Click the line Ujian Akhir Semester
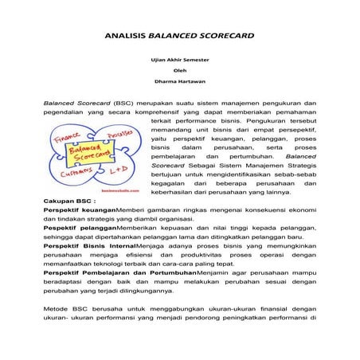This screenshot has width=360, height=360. pos(179,60)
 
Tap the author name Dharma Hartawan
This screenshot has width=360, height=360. pos(179,80)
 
